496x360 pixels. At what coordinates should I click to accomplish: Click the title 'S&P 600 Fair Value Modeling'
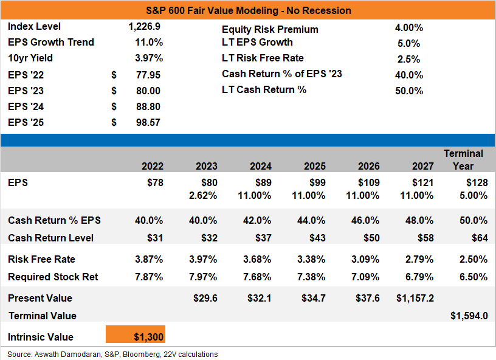point(212,10)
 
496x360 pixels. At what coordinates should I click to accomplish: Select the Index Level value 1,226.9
point(144,27)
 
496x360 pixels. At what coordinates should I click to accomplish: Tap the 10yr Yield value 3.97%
point(149,58)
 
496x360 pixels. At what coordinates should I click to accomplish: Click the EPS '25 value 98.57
point(148,122)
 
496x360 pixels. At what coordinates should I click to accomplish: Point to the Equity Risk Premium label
point(270,29)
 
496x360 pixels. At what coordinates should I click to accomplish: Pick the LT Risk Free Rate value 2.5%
point(408,59)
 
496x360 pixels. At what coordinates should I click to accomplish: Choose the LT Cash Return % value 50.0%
point(409,91)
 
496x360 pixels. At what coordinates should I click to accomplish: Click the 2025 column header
point(315,166)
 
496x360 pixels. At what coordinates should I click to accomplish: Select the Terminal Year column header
point(463,160)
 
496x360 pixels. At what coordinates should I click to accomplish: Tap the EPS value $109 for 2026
point(368,182)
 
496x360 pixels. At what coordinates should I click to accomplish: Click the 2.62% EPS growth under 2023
point(203,195)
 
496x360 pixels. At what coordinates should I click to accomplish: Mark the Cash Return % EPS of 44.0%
point(311,220)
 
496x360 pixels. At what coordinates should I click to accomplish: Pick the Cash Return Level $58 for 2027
point(425,238)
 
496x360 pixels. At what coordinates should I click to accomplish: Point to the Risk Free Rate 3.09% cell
point(365,260)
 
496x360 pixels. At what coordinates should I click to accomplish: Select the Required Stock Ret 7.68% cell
point(257,277)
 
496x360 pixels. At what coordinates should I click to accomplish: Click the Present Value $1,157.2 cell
point(415,299)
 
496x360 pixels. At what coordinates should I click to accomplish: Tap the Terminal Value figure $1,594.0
point(469,316)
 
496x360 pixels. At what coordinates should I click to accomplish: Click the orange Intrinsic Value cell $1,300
point(136,334)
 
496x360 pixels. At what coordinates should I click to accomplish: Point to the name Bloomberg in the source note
point(141,355)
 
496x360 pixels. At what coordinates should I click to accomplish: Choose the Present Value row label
point(40,299)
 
